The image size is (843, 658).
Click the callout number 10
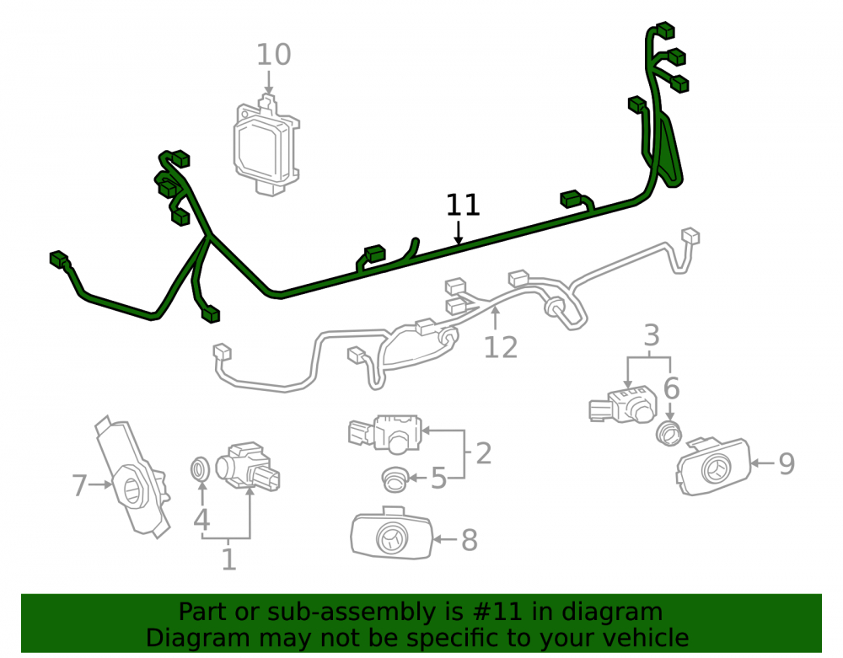pyautogui.click(x=274, y=54)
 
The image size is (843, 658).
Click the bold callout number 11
pyautogui.click(x=463, y=206)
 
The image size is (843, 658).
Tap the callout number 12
pyautogui.click(x=501, y=347)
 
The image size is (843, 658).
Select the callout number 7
pyautogui.click(x=79, y=485)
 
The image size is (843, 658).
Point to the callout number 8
pyautogui.click(x=470, y=540)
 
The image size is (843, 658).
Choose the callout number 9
pyautogui.click(x=787, y=463)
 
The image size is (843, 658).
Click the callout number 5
pyautogui.click(x=438, y=478)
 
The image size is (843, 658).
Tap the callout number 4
pyautogui.click(x=201, y=520)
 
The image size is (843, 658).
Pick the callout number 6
pyautogui.click(x=672, y=388)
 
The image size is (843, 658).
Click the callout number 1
pyautogui.click(x=229, y=559)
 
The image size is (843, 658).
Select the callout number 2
pyautogui.click(x=483, y=454)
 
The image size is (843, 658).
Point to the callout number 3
pyautogui.click(x=652, y=335)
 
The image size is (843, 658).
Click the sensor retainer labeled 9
pyautogui.click(x=713, y=466)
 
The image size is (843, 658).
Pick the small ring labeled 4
pyautogui.click(x=201, y=469)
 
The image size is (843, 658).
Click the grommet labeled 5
pyautogui.click(x=395, y=479)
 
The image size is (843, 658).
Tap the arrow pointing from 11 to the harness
pyautogui.click(x=458, y=232)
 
